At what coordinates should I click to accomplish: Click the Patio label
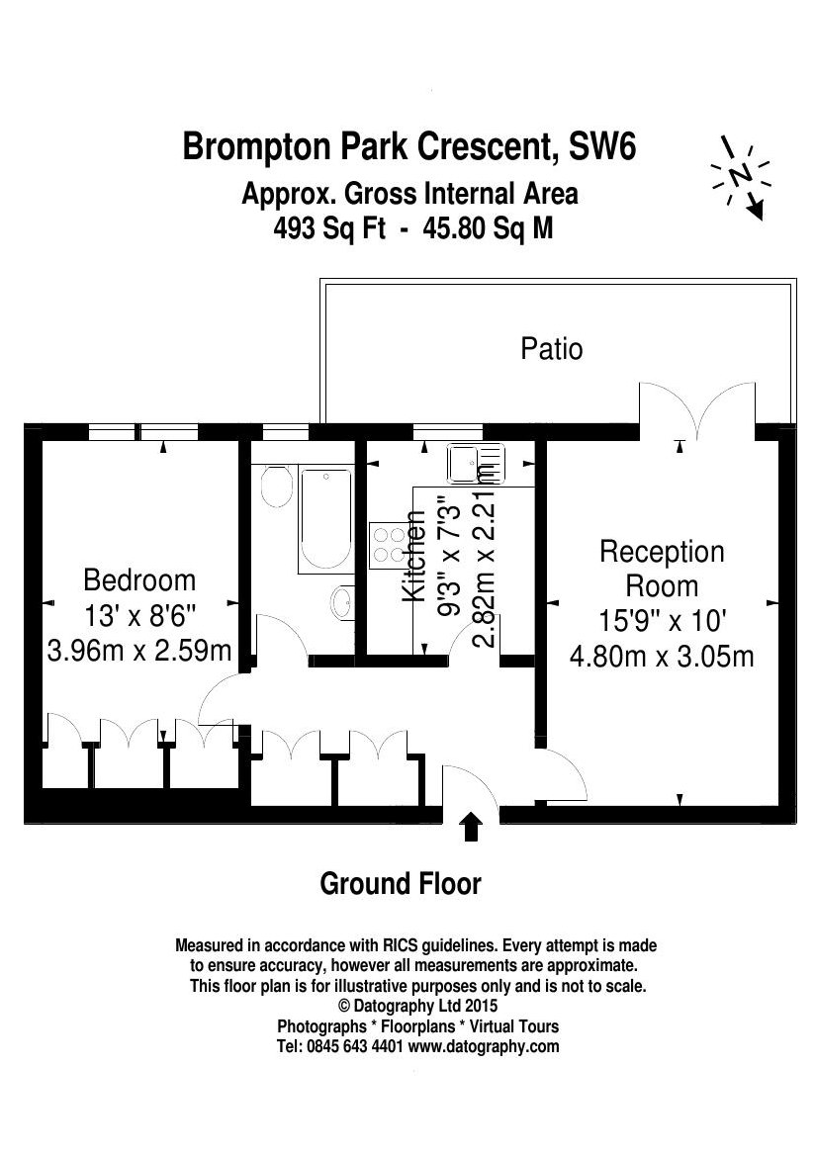[x=552, y=348]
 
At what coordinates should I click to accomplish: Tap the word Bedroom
[x=139, y=580]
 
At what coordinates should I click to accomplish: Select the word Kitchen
[x=414, y=556]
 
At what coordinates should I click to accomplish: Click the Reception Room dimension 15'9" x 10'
[x=662, y=620]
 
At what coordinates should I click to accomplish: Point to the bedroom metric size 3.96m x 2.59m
[x=139, y=651]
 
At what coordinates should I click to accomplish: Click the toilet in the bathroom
[x=275, y=487]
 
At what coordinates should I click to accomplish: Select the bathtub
[x=325, y=518]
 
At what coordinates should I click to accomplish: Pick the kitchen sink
[x=475, y=464]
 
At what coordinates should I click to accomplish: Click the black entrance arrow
[x=471, y=827]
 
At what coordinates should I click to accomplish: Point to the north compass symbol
[x=740, y=177]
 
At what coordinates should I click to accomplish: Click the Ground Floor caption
[x=401, y=883]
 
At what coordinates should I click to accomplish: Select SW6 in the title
[x=602, y=145]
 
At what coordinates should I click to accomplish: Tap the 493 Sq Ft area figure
[x=329, y=229]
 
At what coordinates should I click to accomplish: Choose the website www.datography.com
[x=484, y=1046]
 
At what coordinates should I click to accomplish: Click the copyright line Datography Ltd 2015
[x=417, y=1006]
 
